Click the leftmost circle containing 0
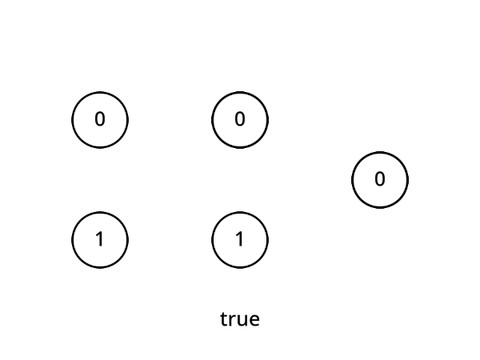tap(100, 120)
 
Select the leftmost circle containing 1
tap(100, 240)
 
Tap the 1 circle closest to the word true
tap(240, 240)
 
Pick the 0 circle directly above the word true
tap(240, 120)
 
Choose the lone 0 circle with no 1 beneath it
tap(380, 180)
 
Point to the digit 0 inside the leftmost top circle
tap(100, 120)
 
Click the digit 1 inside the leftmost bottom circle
tap(100, 240)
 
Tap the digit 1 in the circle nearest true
tap(240, 240)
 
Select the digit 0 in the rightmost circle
tap(380, 180)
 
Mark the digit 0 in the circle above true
tap(240, 120)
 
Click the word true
tap(240, 320)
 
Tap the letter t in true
tap(224, 320)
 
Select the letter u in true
tap(241, 321)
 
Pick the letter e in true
tap(253, 321)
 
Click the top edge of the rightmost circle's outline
tap(380, 152)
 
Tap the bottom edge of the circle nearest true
tap(240, 268)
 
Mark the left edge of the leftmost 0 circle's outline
tap(72, 120)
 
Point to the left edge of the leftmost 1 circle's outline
tap(72, 240)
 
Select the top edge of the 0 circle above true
tap(240, 92)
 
